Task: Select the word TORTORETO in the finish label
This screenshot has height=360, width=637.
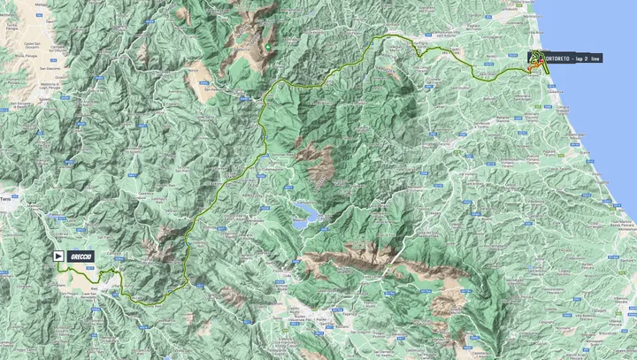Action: click(x=556, y=57)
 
